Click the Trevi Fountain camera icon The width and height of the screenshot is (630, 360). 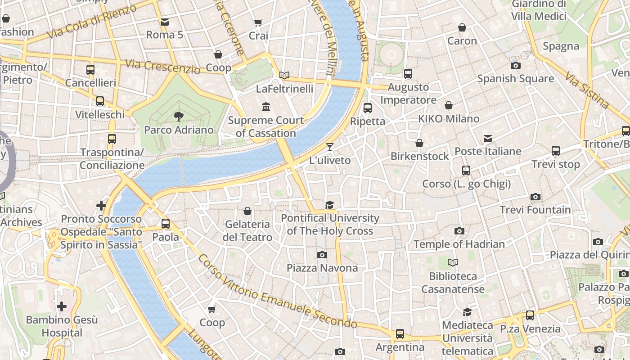(x=535, y=197)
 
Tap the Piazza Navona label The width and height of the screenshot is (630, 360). (x=322, y=268)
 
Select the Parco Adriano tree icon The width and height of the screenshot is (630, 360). (x=179, y=117)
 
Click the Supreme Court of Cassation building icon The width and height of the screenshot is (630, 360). (x=266, y=107)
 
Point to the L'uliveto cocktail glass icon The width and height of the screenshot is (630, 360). (x=330, y=147)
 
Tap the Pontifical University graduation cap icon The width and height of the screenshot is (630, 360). (x=330, y=205)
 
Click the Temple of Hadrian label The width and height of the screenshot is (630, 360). (x=459, y=244)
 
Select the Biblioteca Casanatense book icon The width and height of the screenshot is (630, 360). (x=453, y=262)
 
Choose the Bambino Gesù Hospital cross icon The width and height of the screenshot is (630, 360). (x=62, y=306)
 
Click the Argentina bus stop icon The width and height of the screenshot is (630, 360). (x=400, y=334)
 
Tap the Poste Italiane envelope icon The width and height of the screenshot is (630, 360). (x=488, y=138)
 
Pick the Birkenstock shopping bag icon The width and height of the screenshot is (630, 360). (x=419, y=143)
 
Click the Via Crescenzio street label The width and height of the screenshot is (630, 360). (x=163, y=67)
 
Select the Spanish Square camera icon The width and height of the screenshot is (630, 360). (x=516, y=65)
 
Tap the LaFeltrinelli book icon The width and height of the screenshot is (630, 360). (x=284, y=75)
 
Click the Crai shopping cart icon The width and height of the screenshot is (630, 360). (x=258, y=22)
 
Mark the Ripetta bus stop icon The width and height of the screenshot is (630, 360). (x=368, y=108)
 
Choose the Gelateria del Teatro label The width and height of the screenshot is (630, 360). (x=247, y=230)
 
